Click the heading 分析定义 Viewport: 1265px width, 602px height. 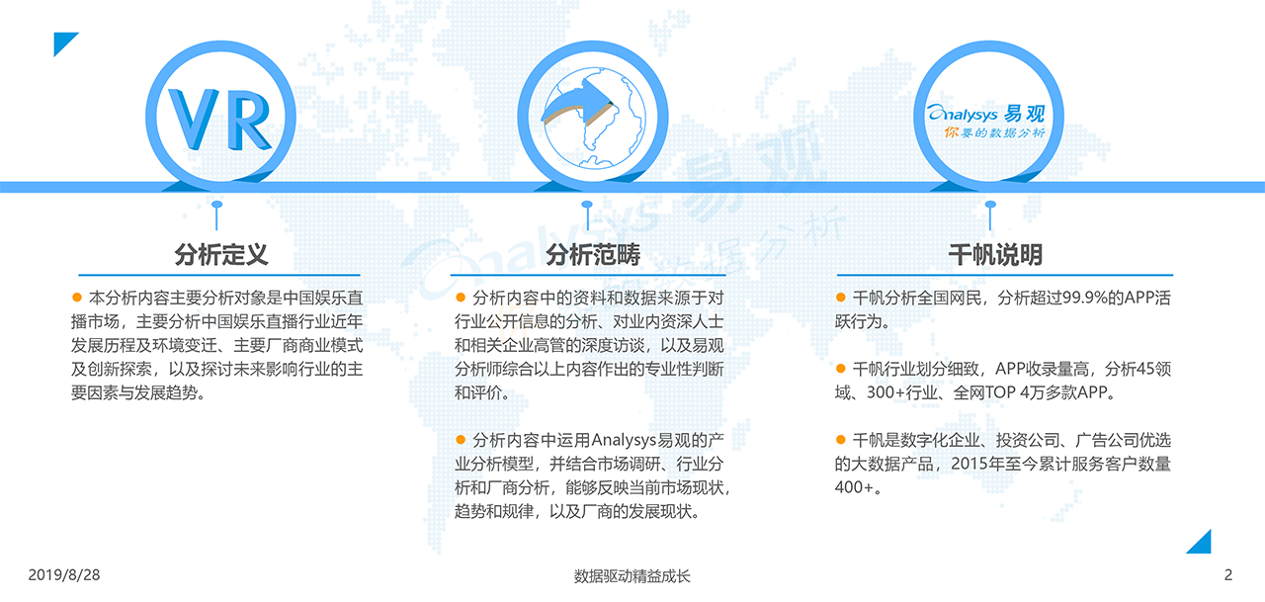tap(220, 255)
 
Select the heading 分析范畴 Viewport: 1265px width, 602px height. tap(592, 255)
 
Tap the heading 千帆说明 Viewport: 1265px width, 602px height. tap(995, 255)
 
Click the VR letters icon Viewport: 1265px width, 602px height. tap(220, 120)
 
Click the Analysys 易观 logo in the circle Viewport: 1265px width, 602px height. tap(986, 121)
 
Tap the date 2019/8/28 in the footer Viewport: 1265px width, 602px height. tap(64, 575)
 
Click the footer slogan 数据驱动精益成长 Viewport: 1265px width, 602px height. tap(632, 576)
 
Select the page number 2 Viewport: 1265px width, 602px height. tap(1228, 575)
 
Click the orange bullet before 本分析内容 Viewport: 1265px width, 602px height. tap(77, 298)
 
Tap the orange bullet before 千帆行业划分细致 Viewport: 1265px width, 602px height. tap(840, 368)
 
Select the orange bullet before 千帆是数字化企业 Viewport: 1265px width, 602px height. tap(840, 439)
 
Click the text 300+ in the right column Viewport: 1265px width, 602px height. tap(885, 392)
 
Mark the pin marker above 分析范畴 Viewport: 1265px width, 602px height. tap(587, 215)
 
